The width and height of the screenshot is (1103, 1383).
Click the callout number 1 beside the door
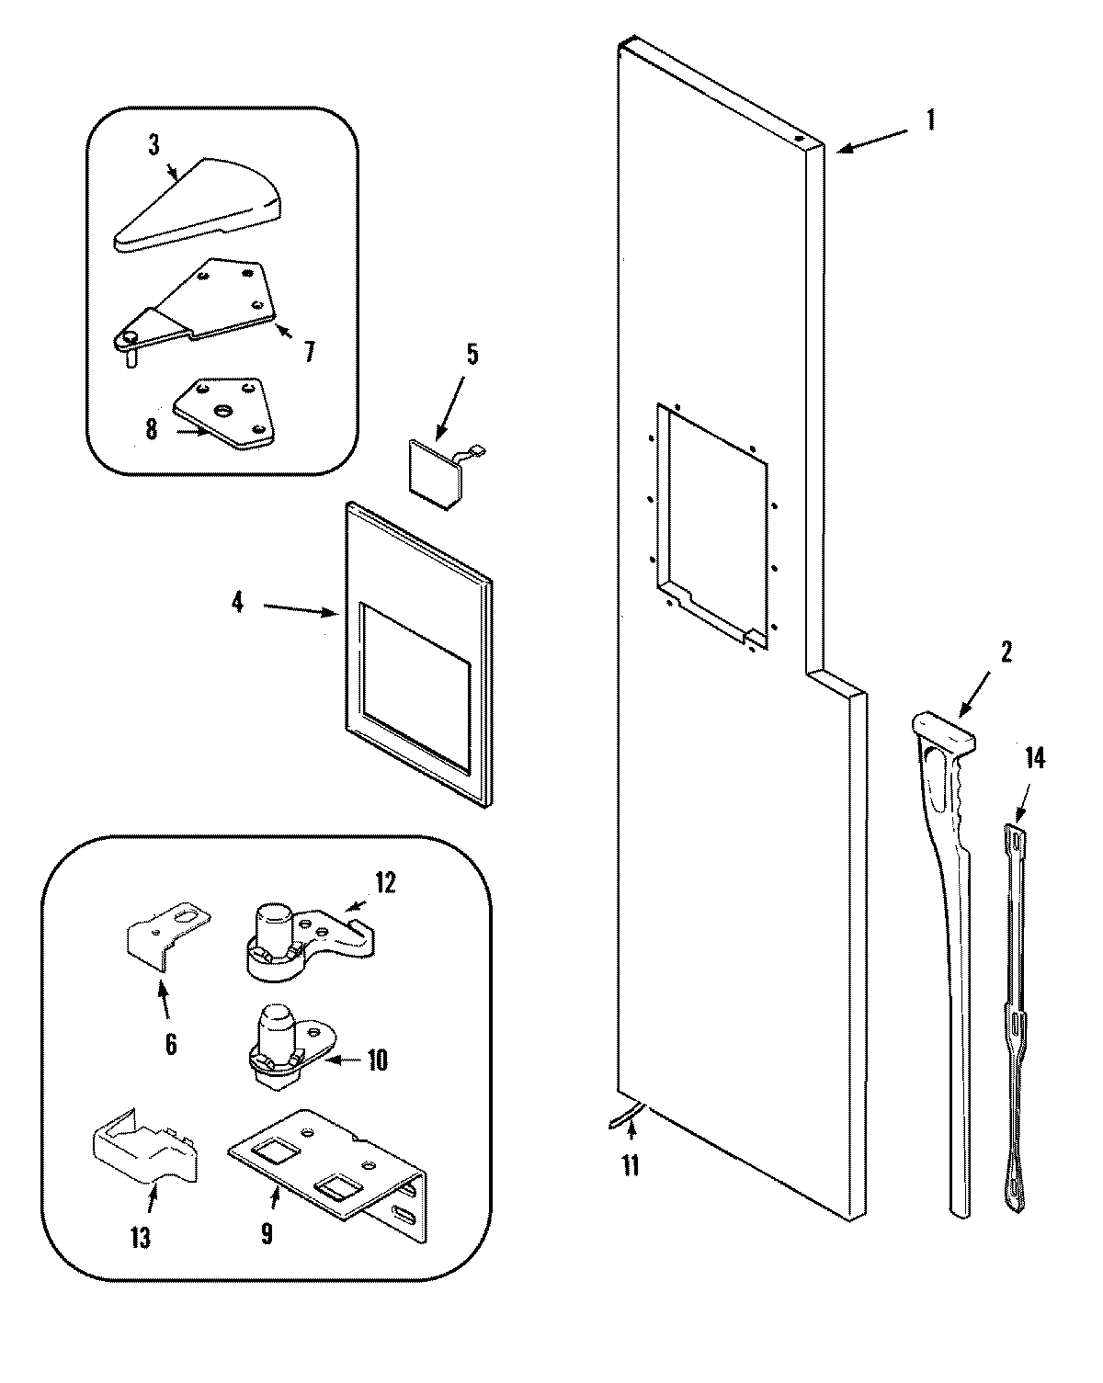[930, 119]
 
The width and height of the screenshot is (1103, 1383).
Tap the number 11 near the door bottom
[630, 1166]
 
